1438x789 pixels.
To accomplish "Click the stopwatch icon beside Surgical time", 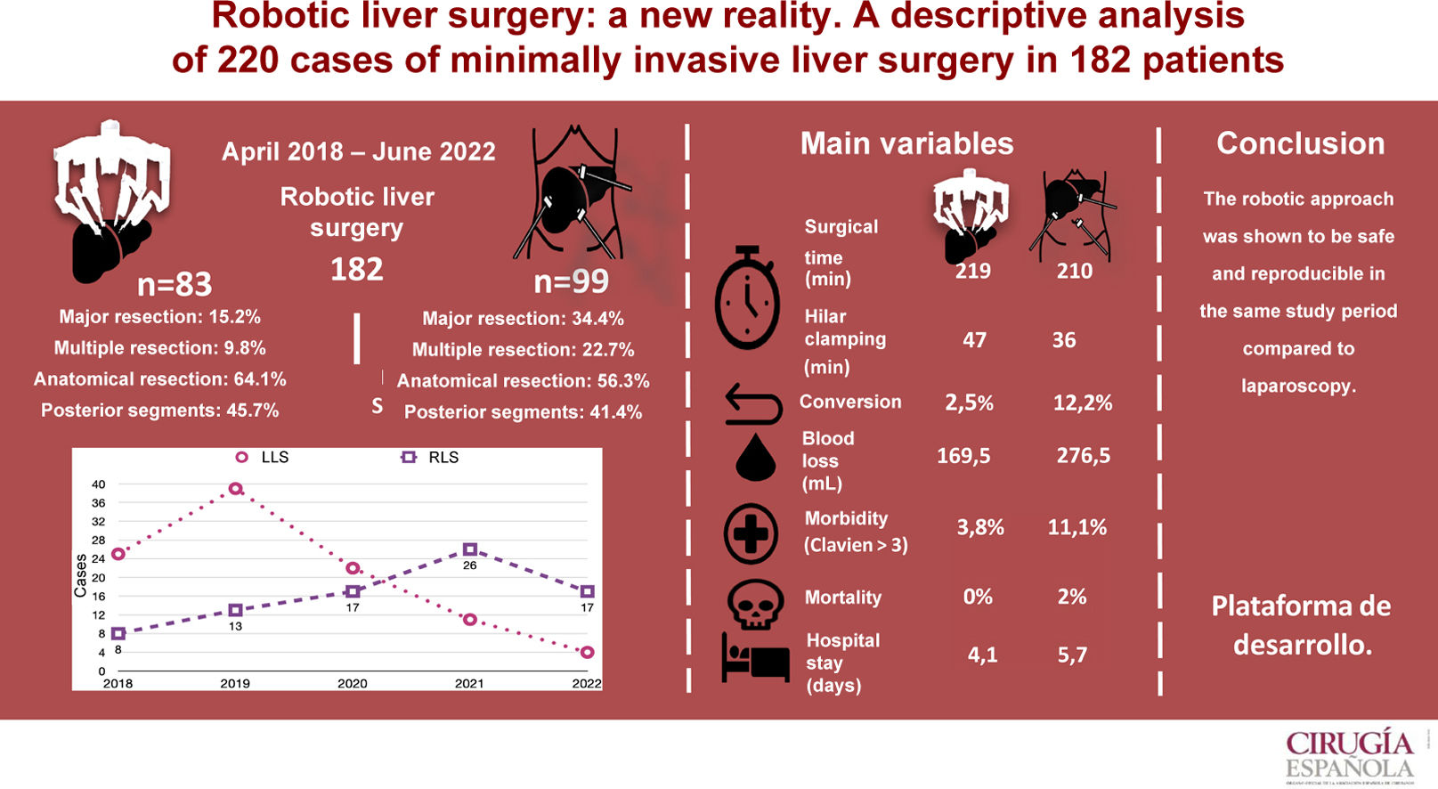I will pos(747,298).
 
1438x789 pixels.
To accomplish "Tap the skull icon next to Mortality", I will pos(755,604).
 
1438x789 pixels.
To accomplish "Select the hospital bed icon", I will pos(755,658).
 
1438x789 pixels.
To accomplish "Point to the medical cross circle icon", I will pos(751,533).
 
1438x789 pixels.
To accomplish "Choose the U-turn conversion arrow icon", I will pos(753,403).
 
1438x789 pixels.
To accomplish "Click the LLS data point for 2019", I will pos(235,489).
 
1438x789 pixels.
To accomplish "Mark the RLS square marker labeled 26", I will pos(470,550).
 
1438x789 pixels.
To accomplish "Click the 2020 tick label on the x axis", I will pos(352,684).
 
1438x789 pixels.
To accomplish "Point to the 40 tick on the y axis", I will pos(98,484).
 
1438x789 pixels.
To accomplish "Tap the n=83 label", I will pos(175,285).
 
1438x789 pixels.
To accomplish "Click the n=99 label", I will pos(571,282).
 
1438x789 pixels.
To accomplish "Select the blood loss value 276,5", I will pos(1083,456).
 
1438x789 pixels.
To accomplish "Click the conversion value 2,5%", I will pos(969,403).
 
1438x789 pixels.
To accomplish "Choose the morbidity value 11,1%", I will pos(1076,527).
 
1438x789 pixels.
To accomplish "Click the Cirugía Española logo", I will pos(1349,755).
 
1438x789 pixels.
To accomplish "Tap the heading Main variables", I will pos(906,143).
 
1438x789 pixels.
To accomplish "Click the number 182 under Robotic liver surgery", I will pos(356,269).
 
